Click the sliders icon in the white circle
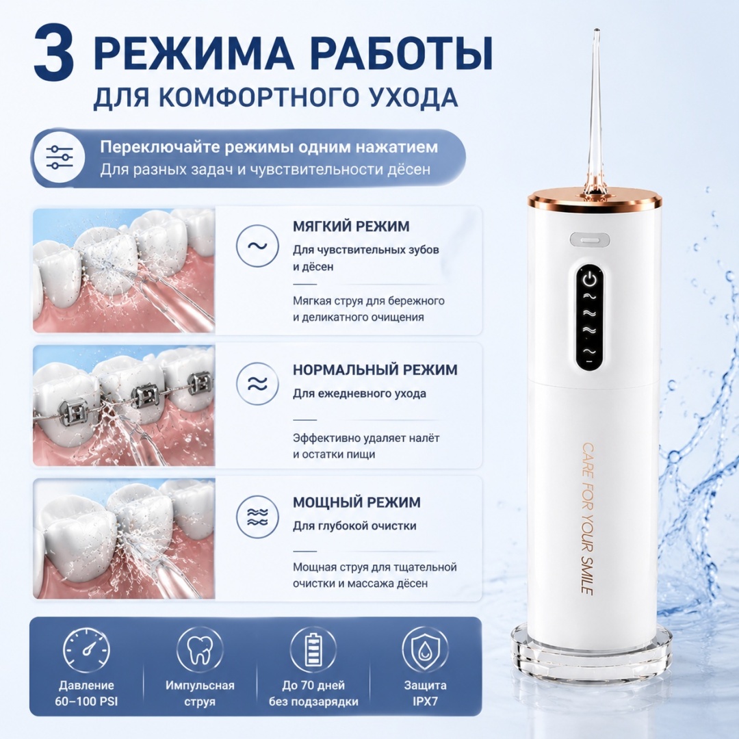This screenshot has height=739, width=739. click(60, 157)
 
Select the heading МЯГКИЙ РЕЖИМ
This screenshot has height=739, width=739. click(350, 226)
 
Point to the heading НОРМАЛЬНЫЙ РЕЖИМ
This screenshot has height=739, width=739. click(375, 369)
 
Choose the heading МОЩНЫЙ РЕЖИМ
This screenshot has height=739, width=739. click(356, 502)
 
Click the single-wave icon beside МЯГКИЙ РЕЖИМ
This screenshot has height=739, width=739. click(258, 246)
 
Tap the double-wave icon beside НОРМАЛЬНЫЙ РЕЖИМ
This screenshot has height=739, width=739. click(258, 384)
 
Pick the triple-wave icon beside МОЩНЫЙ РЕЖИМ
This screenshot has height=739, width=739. click(258, 517)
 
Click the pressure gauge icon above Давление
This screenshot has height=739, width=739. click(86, 650)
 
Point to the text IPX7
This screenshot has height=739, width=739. click(425, 701)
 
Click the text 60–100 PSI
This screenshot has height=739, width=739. click(86, 701)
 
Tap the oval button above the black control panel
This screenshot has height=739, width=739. click(590, 239)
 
